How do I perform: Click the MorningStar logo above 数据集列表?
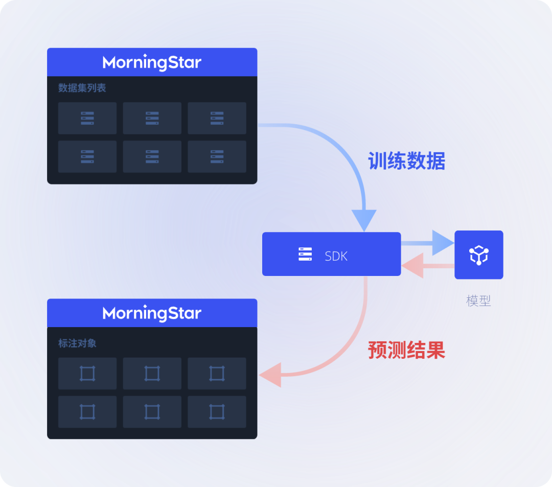(x=152, y=62)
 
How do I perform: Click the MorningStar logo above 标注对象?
(x=152, y=313)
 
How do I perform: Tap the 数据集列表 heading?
(x=82, y=88)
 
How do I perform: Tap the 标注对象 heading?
(x=77, y=343)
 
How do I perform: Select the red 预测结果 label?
(x=406, y=351)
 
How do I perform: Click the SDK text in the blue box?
(x=336, y=256)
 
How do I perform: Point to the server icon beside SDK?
(x=305, y=254)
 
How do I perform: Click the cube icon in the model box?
(x=479, y=255)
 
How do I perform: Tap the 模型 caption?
(x=478, y=300)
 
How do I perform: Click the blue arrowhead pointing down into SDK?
(x=364, y=220)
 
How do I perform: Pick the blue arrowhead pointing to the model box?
(x=441, y=243)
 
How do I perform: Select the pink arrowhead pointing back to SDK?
(x=413, y=266)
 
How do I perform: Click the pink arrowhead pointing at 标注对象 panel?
(x=270, y=375)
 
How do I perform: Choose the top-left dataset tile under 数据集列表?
(x=87, y=118)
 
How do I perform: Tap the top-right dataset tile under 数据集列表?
(x=217, y=118)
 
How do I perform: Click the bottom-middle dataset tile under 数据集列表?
(x=152, y=157)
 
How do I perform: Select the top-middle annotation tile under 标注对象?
(x=152, y=374)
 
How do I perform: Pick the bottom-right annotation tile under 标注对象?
(x=217, y=412)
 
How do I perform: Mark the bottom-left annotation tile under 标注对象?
(x=87, y=412)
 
